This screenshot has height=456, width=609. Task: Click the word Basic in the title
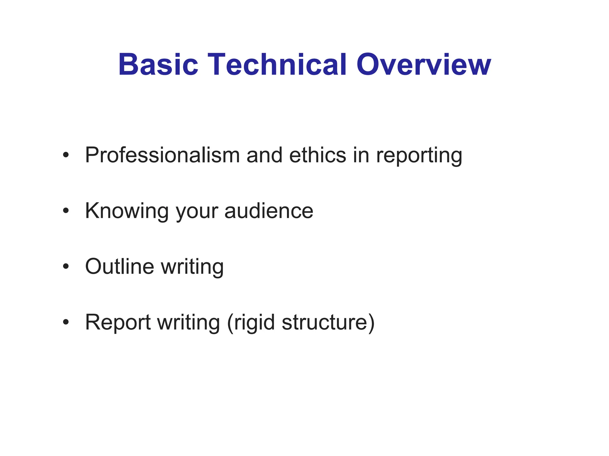[158, 65]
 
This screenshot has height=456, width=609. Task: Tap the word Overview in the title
[423, 65]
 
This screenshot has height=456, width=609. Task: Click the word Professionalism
[162, 155]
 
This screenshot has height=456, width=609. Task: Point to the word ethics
[318, 155]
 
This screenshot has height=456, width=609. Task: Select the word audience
[269, 211]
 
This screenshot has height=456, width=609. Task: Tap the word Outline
[120, 266]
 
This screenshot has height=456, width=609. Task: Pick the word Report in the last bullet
[118, 322]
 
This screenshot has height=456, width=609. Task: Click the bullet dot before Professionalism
[66, 155]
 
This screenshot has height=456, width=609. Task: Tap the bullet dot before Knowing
[66, 211]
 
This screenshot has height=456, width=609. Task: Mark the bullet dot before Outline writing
[66, 266]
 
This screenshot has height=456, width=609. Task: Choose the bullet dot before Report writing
[66, 322]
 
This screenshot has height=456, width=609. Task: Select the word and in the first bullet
[264, 155]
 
